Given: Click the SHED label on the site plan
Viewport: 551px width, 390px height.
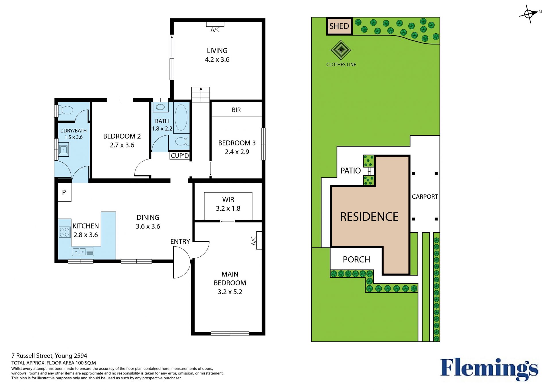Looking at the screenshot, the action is [339, 26].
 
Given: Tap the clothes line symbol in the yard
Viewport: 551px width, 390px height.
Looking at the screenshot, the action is [341, 50].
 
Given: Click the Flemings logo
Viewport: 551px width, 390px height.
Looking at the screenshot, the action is [489, 369].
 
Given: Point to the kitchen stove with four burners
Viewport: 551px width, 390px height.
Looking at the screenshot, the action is [65, 232].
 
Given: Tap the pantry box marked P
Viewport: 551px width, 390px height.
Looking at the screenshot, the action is [64, 192].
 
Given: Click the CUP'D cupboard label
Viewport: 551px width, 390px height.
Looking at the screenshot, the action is [180, 156].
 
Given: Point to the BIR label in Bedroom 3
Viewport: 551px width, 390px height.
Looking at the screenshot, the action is [236, 110].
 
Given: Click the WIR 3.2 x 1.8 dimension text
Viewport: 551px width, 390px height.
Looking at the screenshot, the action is [228, 208].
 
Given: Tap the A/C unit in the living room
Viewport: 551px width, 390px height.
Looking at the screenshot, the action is [215, 24].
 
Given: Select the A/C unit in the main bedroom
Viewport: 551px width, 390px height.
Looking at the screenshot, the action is [259, 240].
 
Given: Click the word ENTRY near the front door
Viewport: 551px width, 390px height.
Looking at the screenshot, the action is [180, 241].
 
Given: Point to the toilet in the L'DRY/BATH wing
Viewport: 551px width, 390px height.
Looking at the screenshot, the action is [65, 110].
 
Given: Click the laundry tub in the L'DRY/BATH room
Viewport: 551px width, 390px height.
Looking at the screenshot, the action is [63, 149].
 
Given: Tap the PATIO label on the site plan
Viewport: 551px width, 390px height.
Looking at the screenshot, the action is [350, 171].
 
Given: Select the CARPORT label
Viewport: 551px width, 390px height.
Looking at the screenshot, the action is [425, 197].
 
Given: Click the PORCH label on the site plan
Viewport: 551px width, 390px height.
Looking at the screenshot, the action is [356, 260].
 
